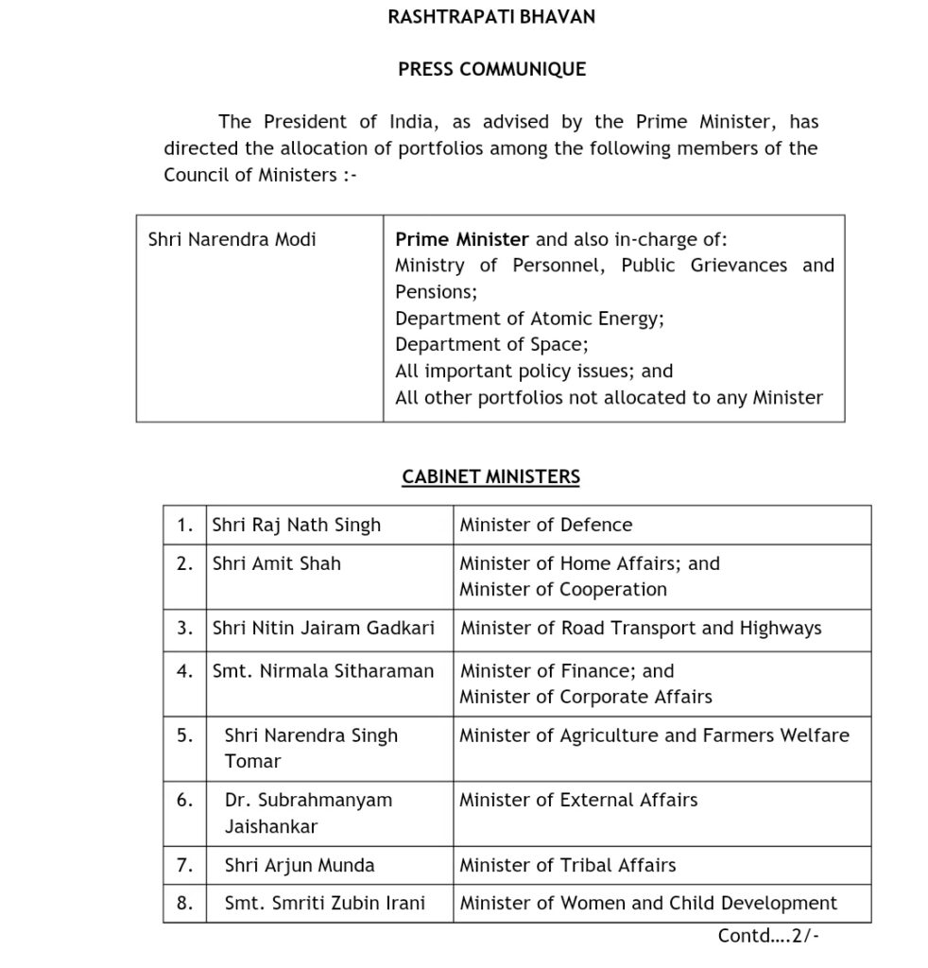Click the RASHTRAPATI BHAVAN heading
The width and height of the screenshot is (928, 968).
click(x=491, y=17)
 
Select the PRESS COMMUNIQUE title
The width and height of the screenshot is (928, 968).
click(x=491, y=69)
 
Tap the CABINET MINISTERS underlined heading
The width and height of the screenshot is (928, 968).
click(x=490, y=477)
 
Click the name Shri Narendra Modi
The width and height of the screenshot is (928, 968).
click(x=232, y=239)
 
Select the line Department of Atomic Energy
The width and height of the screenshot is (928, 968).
click(x=529, y=319)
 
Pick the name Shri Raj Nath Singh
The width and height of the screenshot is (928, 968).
click(x=296, y=525)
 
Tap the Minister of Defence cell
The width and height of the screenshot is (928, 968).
click(x=545, y=525)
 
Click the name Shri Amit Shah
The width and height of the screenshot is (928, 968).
click(x=276, y=563)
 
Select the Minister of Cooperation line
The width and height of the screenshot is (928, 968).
click(x=563, y=589)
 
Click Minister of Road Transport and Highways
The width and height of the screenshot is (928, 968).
click(x=641, y=628)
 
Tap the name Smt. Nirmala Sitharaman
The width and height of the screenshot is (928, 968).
click(x=322, y=671)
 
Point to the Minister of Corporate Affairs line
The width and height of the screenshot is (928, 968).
click(x=586, y=697)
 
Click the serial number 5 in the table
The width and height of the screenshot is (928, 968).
click(x=184, y=735)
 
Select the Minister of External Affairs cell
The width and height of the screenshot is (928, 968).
click(x=578, y=800)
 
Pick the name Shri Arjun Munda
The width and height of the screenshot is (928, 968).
click(x=300, y=865)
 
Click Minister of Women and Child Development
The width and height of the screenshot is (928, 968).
click(x=648, y=903)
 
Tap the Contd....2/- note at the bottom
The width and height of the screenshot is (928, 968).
click(x=768, y=936)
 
